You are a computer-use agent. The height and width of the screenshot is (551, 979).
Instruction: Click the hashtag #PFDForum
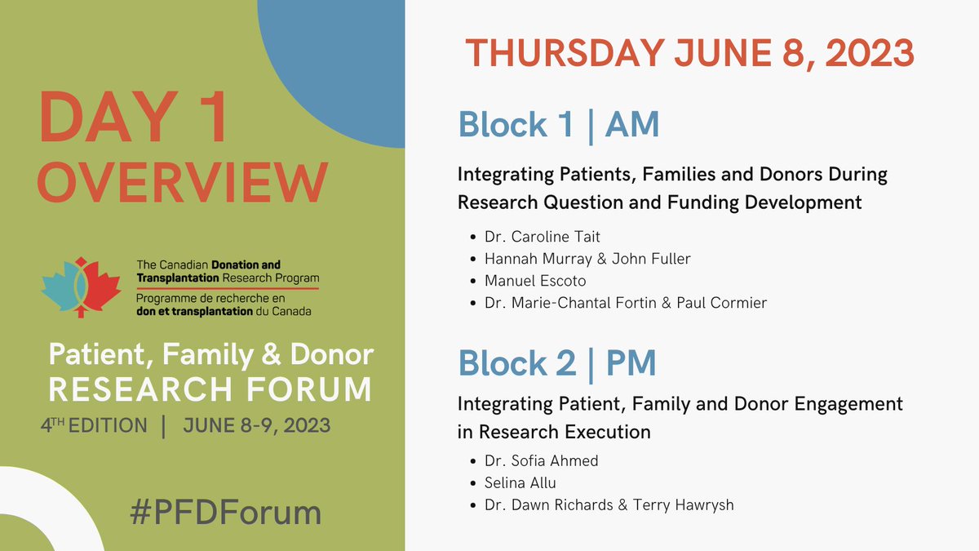click(226, 513)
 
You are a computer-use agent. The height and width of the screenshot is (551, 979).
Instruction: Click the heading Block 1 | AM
click(558, 125)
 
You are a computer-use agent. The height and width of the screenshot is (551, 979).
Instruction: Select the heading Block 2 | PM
click(557, 364)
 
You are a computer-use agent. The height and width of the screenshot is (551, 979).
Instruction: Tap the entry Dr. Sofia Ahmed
click(541, 461)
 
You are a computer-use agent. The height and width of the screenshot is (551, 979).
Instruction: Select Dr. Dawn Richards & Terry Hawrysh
click(609, 504)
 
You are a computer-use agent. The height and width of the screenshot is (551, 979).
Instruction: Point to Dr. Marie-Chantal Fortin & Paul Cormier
click(626, 303)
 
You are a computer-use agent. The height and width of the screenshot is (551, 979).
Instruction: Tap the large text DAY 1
click(133, 119)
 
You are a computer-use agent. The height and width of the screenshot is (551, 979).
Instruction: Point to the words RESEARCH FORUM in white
click(210, 389)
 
